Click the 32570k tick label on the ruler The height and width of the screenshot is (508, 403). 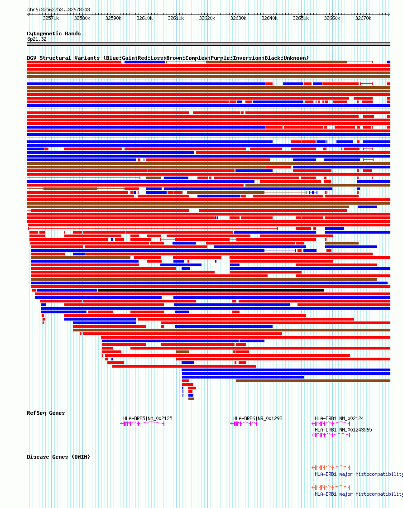tap(51, 19)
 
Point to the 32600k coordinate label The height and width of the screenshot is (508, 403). tap(144, 19)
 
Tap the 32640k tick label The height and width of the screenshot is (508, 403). tap(269, 19)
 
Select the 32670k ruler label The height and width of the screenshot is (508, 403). tap(363, 19)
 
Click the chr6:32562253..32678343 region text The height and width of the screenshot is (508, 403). tap(58, 10)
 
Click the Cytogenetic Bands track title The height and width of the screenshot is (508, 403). tap(54, 34)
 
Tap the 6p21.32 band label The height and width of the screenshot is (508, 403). tap(37, 39)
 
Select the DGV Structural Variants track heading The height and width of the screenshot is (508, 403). tap(168, 58)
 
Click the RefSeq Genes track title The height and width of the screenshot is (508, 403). tap(46, 413)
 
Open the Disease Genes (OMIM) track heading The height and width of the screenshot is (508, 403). tap(58, 457)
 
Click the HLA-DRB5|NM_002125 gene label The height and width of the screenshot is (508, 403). tap(148, 418)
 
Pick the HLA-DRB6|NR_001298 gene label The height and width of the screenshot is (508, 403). tap(258, 418)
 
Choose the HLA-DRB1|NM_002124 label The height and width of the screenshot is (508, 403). tap(339, 418)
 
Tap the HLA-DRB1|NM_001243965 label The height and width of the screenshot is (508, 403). tap(343, 430)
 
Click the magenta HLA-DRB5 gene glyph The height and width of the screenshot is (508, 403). tap(142, 424)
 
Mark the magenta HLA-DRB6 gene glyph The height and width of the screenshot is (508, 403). tap(244, 424)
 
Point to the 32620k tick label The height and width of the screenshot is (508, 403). tap(207, 19)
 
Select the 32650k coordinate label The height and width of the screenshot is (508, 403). tap(301, 19)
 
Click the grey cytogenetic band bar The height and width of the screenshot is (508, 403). tap(208, 44)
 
